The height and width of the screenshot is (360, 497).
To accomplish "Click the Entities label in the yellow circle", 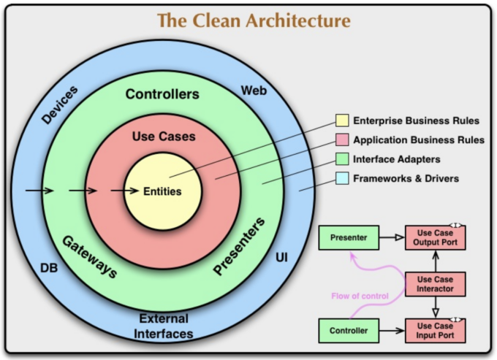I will [162, 191].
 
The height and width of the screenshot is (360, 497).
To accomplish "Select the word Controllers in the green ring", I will [162, 94].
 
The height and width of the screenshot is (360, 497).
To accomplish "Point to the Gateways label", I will [89, 256].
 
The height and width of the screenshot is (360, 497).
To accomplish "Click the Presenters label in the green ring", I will [239, 246].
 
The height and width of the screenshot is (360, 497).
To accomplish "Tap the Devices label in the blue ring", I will [59, 104].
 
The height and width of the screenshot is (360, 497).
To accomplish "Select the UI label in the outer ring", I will [281, 257].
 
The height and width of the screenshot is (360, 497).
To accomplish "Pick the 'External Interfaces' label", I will [164, 326].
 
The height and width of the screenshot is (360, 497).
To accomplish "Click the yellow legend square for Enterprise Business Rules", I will [341, 120].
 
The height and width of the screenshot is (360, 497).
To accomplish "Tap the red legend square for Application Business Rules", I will [341, 139].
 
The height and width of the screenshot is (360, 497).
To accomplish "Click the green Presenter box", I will [348, 237].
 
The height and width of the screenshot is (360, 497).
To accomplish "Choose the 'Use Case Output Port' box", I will [435, 237].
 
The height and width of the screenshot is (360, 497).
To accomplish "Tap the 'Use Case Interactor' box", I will [435, 284].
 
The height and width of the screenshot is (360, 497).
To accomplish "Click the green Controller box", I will [348, 331].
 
